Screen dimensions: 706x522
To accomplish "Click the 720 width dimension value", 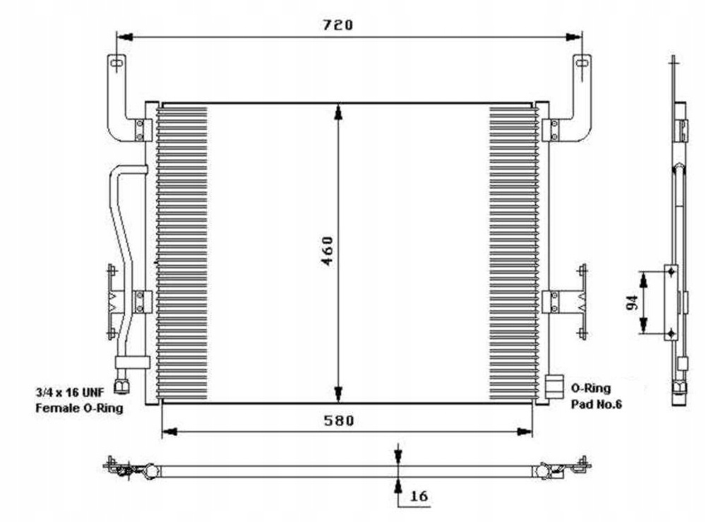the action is (338, 25).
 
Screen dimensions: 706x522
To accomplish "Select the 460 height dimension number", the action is (328, 251).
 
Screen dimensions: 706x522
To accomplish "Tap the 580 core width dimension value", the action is (339, 420).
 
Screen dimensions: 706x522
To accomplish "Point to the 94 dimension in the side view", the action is (633, 302).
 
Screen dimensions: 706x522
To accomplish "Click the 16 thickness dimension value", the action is (419, 496).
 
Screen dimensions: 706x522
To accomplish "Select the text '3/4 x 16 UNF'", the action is (70, 392).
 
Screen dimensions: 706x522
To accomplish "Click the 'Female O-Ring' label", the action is (79, 408).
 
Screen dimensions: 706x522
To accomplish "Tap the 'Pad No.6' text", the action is (597, 404).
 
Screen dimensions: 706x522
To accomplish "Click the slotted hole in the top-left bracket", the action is (116, 62).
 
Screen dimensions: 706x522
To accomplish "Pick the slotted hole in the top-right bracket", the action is (582, 62).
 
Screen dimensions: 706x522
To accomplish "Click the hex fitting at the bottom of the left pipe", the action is (120, 386).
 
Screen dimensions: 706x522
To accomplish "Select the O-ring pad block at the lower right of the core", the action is (554, 386).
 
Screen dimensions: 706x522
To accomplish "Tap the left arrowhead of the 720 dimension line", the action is (124, 37).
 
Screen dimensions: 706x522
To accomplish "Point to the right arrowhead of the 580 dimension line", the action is (525, 432).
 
